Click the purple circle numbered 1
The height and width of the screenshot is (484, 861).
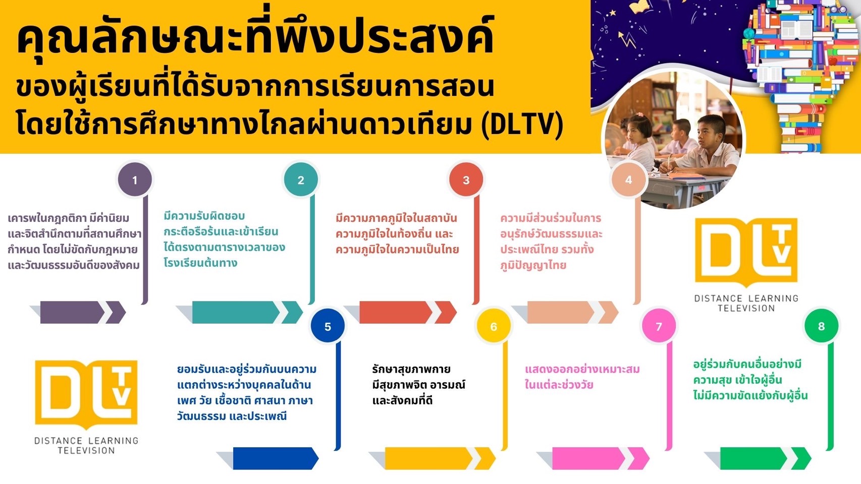pyautogui.click(x=135, y=179)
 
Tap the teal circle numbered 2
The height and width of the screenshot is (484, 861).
pyautogui.click(x=301, y=179)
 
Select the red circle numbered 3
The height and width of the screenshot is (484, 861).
pyautogui.click(x=466, y=179)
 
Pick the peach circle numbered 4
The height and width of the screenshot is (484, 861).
pyautogui.click(x=628, y=179)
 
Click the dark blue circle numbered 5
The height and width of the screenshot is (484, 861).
pyautogui.click(x=328, y=326)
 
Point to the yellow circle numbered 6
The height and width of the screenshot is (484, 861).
pyautogui.click(x=494, y=326)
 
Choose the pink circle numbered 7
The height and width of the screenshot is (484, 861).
pyautogui.click(x=659, y=326)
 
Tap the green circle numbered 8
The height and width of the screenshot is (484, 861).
pyautogui.click(x=822, y=326)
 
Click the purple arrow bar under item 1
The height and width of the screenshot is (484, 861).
pyautogui.click(x=78, y=312)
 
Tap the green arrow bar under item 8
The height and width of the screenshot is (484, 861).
pyautogui.click(x=758, y=458)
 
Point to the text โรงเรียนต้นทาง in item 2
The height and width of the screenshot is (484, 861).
pyautogui.click(x=200, y=263)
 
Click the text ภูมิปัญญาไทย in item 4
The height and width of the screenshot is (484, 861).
pyautogui.click(x=533, y=265)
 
